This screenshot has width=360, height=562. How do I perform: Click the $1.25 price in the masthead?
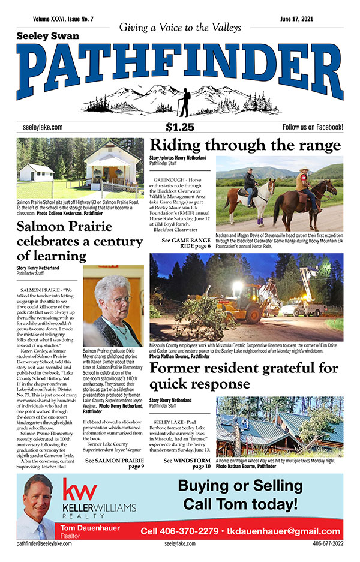(x=180, y=127)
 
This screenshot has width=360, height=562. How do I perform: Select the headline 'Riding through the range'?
(x=245, y=146)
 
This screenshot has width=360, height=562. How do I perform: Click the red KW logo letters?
(x=80, y=492)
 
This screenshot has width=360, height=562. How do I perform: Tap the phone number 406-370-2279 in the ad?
(x=178, y=531)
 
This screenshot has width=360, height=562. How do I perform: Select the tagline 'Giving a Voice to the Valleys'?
(x=180, y=28)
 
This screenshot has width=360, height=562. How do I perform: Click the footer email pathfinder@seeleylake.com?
(x=44, y=543)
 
